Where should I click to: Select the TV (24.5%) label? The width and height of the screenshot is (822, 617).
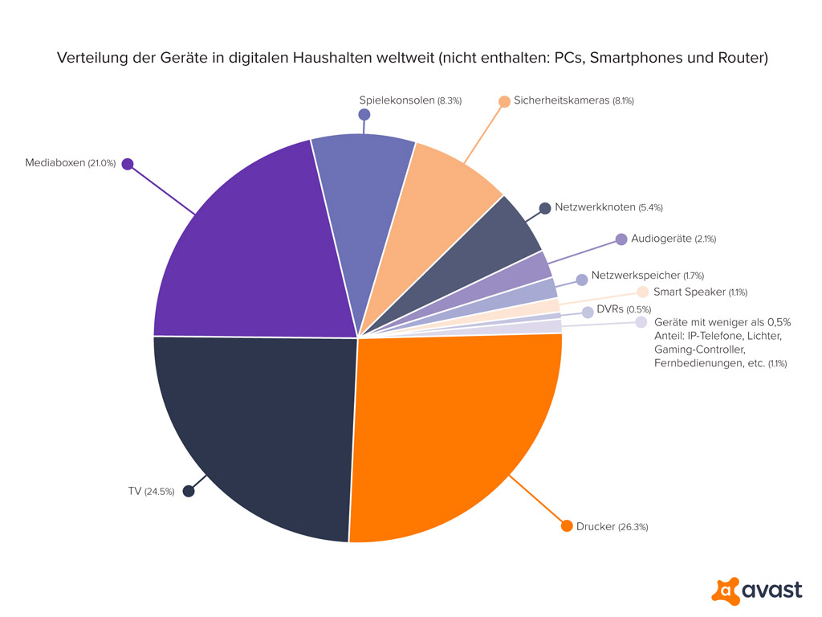(x=151, y=492)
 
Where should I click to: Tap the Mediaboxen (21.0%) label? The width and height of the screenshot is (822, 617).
(x=71, y=163)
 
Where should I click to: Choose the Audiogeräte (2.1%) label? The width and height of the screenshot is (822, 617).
(x=673, y=239)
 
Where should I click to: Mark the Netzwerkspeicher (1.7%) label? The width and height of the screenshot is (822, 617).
(x=647, y=276)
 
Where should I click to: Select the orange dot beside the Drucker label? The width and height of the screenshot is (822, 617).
(x=566, y=526)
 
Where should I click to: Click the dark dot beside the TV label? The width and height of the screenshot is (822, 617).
(x=189, y=491)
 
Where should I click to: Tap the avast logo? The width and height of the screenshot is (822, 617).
(x=756, y=590)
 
